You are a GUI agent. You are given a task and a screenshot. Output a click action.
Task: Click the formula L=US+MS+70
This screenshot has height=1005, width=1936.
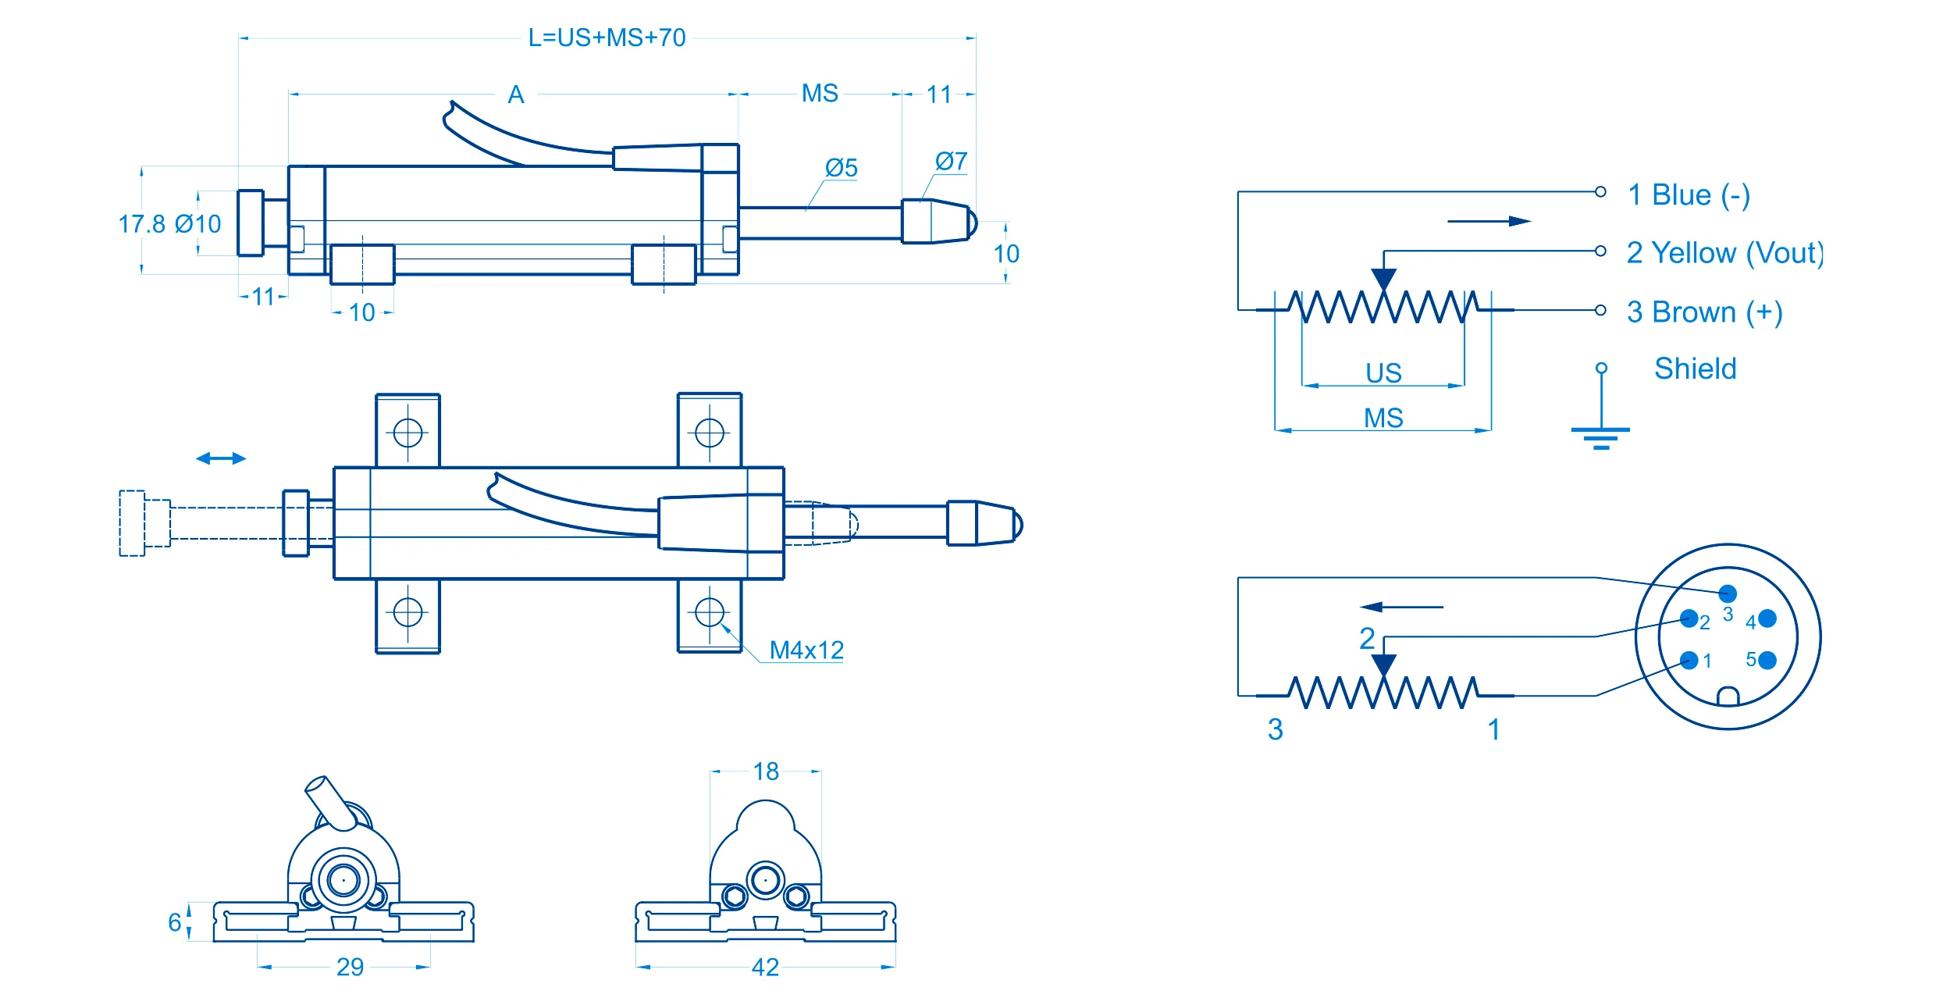click(x=607, y=37)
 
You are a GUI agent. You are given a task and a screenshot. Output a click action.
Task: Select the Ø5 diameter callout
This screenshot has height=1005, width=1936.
click(x=841, y=168)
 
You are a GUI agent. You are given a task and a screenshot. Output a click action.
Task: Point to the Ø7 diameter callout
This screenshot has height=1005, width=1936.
click(x=951, y=162)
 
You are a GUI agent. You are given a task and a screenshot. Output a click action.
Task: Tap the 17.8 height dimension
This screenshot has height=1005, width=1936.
click(x=141, y=224)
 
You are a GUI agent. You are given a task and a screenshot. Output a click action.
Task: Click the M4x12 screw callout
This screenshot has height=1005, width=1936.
click(x=806, y=650)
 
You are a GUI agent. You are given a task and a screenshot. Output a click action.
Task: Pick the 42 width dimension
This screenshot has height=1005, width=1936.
click(x=765, y=968)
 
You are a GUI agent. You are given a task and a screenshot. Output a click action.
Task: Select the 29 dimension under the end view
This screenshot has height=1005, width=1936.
click(x=350, y=968)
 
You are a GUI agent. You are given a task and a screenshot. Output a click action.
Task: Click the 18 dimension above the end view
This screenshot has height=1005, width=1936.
click(x=766, y=772)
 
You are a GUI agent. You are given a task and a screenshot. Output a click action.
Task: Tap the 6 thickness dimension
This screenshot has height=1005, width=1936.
click(x=175, y=922)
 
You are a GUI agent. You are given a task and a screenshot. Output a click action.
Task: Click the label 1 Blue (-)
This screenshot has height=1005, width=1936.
click(x=1688, y=194)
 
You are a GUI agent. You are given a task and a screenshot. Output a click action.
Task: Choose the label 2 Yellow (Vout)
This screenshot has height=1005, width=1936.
click(x=1724, y=253)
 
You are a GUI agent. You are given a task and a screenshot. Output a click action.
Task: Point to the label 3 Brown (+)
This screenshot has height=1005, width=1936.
click(x=1704, y=312)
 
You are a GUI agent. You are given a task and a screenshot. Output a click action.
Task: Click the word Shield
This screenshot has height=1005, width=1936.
click(x=1695, y=369)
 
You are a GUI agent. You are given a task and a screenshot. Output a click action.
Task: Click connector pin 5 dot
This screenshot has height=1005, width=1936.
click(x=1768, y=660)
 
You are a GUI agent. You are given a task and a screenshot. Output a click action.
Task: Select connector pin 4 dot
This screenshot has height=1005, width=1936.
click(x=1768, y=619)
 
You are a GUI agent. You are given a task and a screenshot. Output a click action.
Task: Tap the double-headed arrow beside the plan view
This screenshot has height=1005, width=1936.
click(x=221, y=458)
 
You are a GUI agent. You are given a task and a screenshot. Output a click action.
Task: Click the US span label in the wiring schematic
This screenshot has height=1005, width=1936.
click(x=1383, y=372)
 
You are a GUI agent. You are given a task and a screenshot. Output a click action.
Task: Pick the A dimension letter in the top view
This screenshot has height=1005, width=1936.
click(x=516, y=94)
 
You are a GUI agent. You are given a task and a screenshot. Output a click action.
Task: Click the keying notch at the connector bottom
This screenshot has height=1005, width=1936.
click(x=1728, y=696)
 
